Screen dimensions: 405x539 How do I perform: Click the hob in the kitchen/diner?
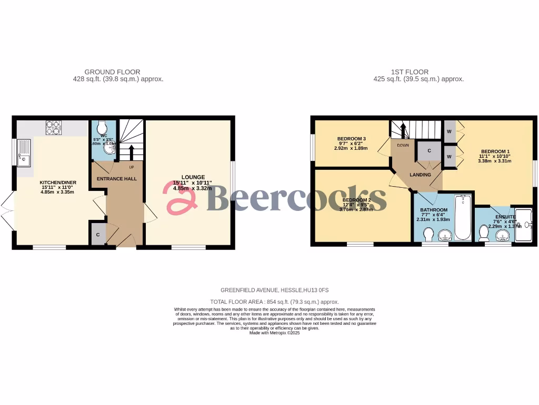click(x=54, y=128)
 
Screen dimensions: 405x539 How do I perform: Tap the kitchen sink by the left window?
click(x=24, y=153)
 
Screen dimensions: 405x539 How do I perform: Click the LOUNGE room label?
click(x=193, y=177)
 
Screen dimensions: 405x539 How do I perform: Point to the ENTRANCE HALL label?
click(x=116, y=179)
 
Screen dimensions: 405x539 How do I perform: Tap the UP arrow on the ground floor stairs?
click(x=131, y=153)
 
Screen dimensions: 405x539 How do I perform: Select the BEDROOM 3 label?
click(x=352, y=139)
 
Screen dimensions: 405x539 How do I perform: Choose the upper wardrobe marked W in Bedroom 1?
click(x=449, y=131)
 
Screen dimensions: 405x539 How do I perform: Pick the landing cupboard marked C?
click(x=429, y=151)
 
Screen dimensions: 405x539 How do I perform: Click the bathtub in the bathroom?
click(x=463, y=219)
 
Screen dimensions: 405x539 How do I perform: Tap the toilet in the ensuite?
click(x=484, y=233)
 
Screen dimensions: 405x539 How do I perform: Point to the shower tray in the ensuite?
click(x=524, y=225)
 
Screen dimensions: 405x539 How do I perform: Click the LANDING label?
click(x=420, y=175)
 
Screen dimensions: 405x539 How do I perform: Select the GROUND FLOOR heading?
click(x=112, y=72)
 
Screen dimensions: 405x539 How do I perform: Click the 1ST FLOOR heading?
click(x=410, y=72)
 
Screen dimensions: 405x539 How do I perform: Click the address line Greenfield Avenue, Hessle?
click(x=274, y=290)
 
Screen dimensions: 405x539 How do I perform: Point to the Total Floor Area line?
click(x=274, y=302)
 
